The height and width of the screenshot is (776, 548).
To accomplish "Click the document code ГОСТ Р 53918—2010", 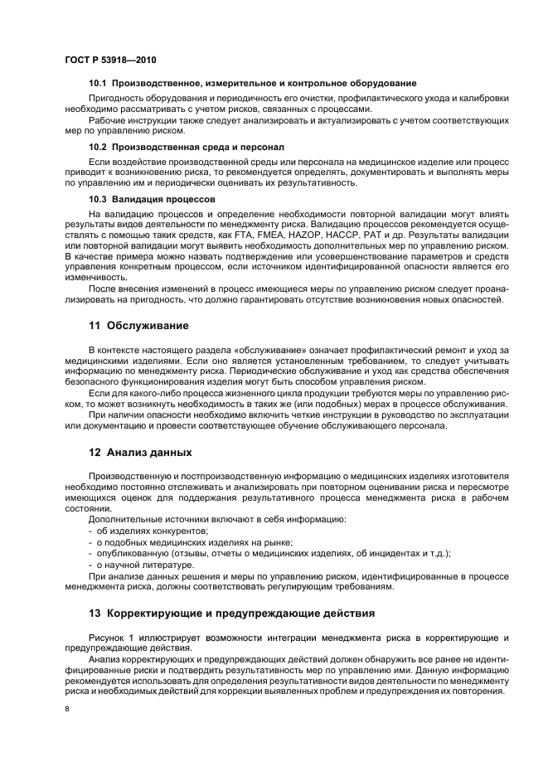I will click(109, 62).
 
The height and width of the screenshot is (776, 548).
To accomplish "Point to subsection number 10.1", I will click(99, 84).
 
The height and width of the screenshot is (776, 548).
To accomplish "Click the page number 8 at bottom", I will click(67, 710).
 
